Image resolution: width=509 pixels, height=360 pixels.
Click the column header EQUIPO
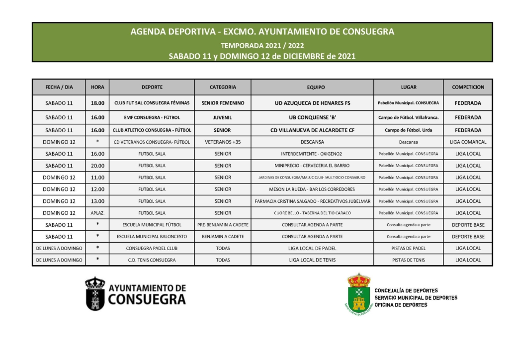pos(312,87)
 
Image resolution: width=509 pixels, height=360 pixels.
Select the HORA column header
pos(97,87)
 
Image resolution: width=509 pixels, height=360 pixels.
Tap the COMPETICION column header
pos(468,87)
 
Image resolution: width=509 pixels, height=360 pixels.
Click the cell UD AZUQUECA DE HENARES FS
pos(312,103)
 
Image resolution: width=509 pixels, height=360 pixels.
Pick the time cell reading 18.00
pos(97,103)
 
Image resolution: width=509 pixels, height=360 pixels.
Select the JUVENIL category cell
pos(223,118)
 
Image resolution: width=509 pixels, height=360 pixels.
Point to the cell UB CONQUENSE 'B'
pos(312,118)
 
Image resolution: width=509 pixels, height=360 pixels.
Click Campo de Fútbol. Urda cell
pos(409,130)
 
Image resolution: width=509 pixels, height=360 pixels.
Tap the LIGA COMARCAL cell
pos(468,142)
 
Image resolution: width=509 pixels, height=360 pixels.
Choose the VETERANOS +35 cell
pos(223,142)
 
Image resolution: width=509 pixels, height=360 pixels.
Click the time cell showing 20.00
pos(97,166)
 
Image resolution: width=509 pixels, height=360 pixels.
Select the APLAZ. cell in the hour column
pos(97,213)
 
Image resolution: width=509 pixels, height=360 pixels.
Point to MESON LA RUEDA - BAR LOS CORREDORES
pos(312,189)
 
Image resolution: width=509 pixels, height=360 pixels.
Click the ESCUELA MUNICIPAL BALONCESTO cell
pos(152,237)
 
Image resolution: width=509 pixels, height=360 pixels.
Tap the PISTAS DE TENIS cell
pos(409,260)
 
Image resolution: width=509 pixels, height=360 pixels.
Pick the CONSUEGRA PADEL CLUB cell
pos(152,248)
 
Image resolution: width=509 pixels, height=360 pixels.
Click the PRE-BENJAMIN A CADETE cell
pos(223,225)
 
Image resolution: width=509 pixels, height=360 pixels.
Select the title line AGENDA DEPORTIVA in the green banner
pos(262,32)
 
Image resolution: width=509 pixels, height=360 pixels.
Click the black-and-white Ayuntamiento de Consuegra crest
pos(95,293)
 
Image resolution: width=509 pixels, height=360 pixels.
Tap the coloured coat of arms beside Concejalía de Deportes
pos(358,293)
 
